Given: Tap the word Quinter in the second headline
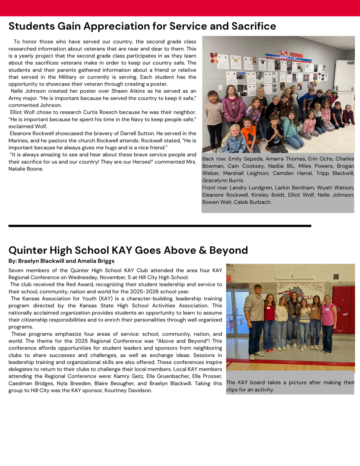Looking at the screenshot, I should pos(30,250).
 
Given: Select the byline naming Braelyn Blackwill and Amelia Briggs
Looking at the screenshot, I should pos(61,261).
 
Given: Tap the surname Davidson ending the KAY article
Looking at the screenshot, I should pos(139,390).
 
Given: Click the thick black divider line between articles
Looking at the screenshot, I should pos(160,226).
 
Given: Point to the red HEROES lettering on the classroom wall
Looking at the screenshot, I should pos(294,56).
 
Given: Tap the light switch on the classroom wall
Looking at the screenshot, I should pos(221,87).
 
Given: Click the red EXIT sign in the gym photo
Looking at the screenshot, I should pos(229,279).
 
